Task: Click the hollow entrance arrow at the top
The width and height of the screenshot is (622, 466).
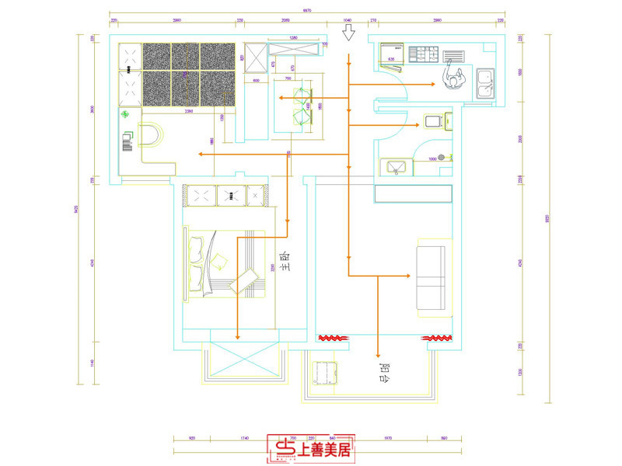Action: pos(349,33)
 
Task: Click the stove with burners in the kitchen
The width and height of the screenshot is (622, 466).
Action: pos(427,55)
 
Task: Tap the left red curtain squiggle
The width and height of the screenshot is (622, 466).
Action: pos(334,339)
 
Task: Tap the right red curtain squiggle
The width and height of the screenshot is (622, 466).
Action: pos(436,339)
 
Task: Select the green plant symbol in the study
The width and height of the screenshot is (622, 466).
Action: pos(125,114)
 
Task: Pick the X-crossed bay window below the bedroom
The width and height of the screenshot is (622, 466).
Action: pos(236,364)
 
